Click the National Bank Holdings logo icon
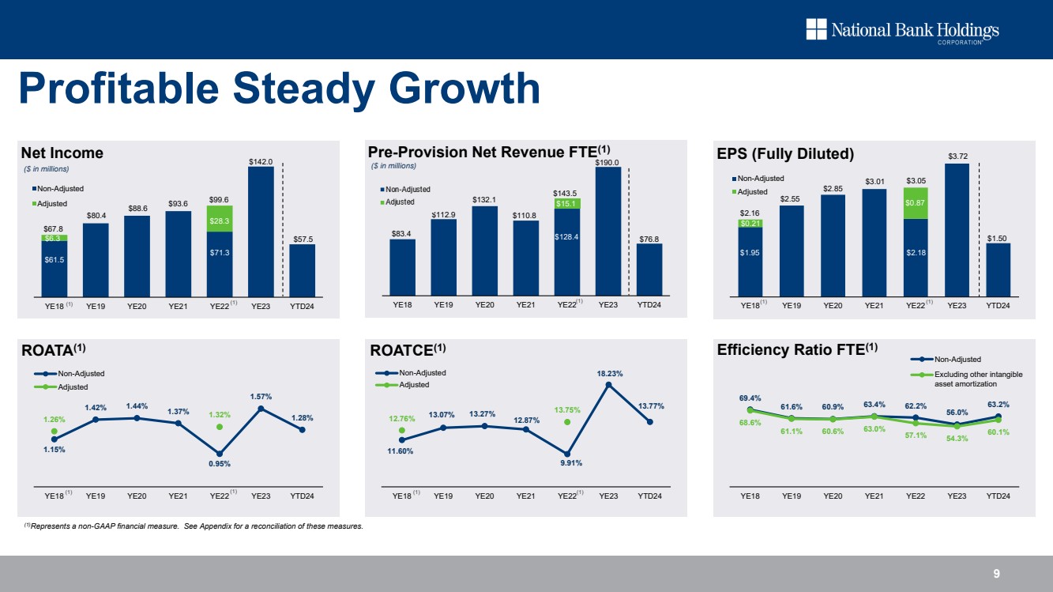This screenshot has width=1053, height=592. [816, 30]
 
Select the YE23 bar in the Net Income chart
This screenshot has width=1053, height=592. [261, 229]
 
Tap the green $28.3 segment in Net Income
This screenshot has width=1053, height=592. [220, 218]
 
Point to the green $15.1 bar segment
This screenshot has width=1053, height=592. [566, 204]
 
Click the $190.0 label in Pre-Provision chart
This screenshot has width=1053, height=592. [607, 162]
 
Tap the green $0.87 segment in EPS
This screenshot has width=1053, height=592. [916, 203]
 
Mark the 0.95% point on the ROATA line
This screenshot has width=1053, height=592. [220, 454]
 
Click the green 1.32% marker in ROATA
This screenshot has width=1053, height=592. [220, 427]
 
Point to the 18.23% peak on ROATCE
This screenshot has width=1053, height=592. [608, 385]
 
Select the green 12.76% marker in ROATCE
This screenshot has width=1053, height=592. [402, 430]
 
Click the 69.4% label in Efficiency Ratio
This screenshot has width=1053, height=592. [750, 399]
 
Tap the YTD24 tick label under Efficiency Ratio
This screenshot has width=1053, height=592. [998, 496]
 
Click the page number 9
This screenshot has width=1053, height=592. [998, 574]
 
